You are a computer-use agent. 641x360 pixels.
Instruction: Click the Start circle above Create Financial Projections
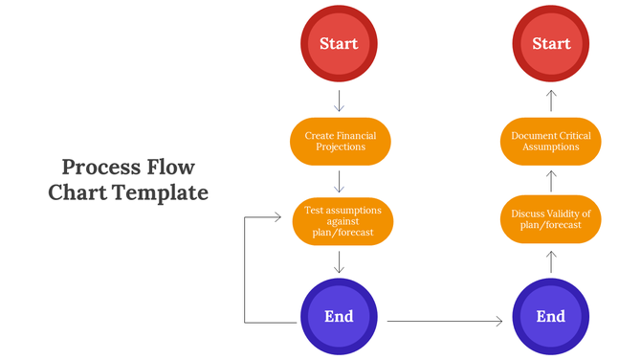pyautogui.click(x=340, y=44)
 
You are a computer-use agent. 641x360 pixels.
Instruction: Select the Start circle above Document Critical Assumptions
pyautogui.click(x=551, y=44)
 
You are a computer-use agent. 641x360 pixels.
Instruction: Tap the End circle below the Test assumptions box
pyautogui.click(x=340, y=317)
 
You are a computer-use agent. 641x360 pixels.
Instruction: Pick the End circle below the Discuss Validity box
pyautogui.click(x=551, y=317)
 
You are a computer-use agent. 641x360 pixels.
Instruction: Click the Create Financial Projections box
pyautogui.click(x=340, y=142)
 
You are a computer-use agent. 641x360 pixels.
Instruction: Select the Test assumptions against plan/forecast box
pyautogui.click(x=342, y=221)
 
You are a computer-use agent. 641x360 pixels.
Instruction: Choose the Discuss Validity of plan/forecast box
pyautogui.click(x=551, y=219)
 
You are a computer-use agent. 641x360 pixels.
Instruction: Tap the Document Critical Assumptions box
pyautogui.click(x=551, y=142)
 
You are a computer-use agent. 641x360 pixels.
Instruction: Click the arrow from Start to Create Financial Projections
pyautogui.click(x=340, y=101)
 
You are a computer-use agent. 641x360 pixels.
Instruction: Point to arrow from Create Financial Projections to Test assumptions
pyautogui.click(x=340, y=181)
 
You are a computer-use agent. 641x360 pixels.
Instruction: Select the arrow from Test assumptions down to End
pyautogui.click(x=340, y=261)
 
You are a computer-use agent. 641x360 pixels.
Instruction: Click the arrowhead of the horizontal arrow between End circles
pyautogui.click(x=498, y=322)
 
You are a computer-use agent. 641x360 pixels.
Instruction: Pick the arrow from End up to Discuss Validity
pyautogui.click(x=551, y=260)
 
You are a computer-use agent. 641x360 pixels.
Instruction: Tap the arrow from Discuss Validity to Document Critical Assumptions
pyautogui.click(x=551, y=181)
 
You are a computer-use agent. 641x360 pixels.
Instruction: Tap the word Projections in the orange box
pyautogui.click(x=341, y=147)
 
